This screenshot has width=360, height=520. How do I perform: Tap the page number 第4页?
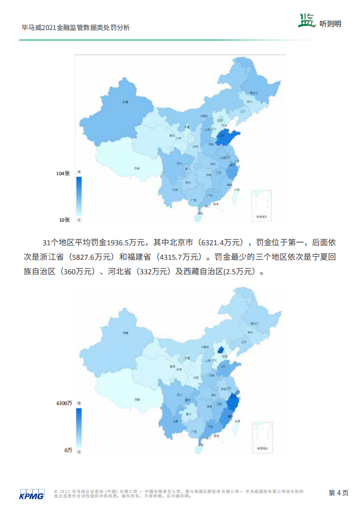coord(338,493)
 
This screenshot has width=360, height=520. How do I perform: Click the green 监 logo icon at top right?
coord(307,20)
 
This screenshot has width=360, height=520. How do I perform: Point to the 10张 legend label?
coord(64,220)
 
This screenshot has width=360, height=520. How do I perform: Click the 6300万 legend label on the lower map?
coord(64,403)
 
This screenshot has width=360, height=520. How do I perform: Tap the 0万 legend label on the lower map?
coord(68,450)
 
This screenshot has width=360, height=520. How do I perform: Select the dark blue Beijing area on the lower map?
coord(219,349)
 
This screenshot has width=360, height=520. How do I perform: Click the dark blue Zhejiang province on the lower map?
coord(232,403)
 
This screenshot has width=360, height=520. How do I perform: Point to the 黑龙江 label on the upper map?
coord(253,93)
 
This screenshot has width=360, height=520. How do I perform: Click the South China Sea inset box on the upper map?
coord(262,205)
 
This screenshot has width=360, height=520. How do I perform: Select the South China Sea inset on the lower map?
coord(262,436)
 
